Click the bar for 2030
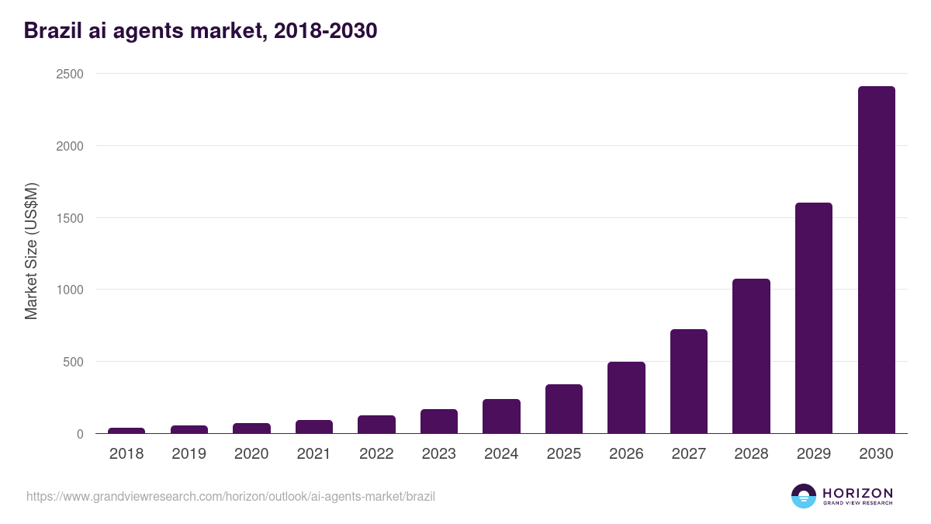(x=876, y=260)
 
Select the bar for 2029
(x=814, y=318)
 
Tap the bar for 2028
(x=751, y=356)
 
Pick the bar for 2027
(x=689, y=381)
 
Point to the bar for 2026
(x=626, y=397)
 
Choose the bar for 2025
(x=564, y=409)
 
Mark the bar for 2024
(x=501, y=416)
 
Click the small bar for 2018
(x=126, y=430)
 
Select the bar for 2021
(x=314, y=427)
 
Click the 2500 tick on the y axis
(x=69, y=74)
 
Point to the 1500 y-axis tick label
(x=69, y=218)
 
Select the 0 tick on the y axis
(x=80, y=434)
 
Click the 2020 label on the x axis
(x=251, y=454)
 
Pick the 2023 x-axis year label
(x=439, y=454)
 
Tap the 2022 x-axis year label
(x=376, y=454)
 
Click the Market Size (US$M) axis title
(x=31, y=252)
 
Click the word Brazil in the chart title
(x=51, y=30)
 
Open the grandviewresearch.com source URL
(x=230, y=496)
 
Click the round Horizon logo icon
(x=803, y=496)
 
